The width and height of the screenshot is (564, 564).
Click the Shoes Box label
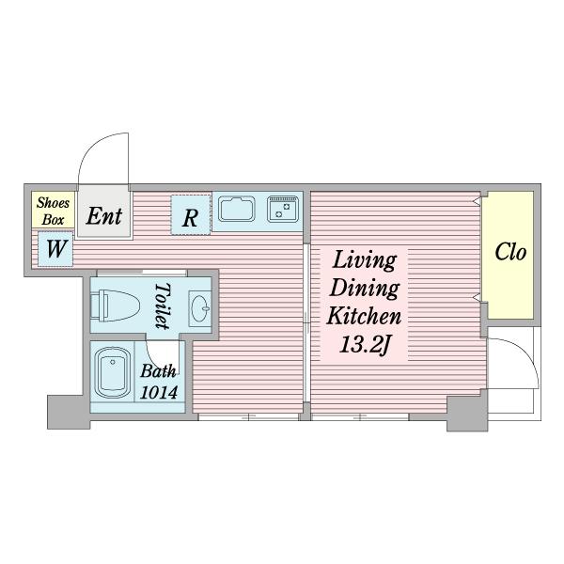point(53,211)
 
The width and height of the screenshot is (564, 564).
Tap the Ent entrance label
point(104,216)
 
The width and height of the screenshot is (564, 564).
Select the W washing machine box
point(55,249)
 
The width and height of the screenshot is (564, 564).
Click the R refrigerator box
point(191,214)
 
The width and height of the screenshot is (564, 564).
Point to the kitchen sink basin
point(236,209)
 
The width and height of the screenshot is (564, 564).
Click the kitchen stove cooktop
point(283,209)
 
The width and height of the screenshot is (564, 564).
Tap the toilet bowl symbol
point(115,305)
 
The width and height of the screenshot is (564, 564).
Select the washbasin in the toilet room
point(200,308)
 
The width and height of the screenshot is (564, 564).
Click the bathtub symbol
point(112,372)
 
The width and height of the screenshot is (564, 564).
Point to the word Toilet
point(163,305)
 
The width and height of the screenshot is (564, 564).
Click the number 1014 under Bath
point(159,392)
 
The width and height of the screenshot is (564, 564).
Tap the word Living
point(365,260)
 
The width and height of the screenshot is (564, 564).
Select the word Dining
point(365,289)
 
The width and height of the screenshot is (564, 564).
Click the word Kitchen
point(364,316)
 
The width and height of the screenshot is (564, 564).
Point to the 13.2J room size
point(365,345)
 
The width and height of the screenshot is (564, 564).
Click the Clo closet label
point(510,252)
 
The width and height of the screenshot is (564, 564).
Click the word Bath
point(158,371)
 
